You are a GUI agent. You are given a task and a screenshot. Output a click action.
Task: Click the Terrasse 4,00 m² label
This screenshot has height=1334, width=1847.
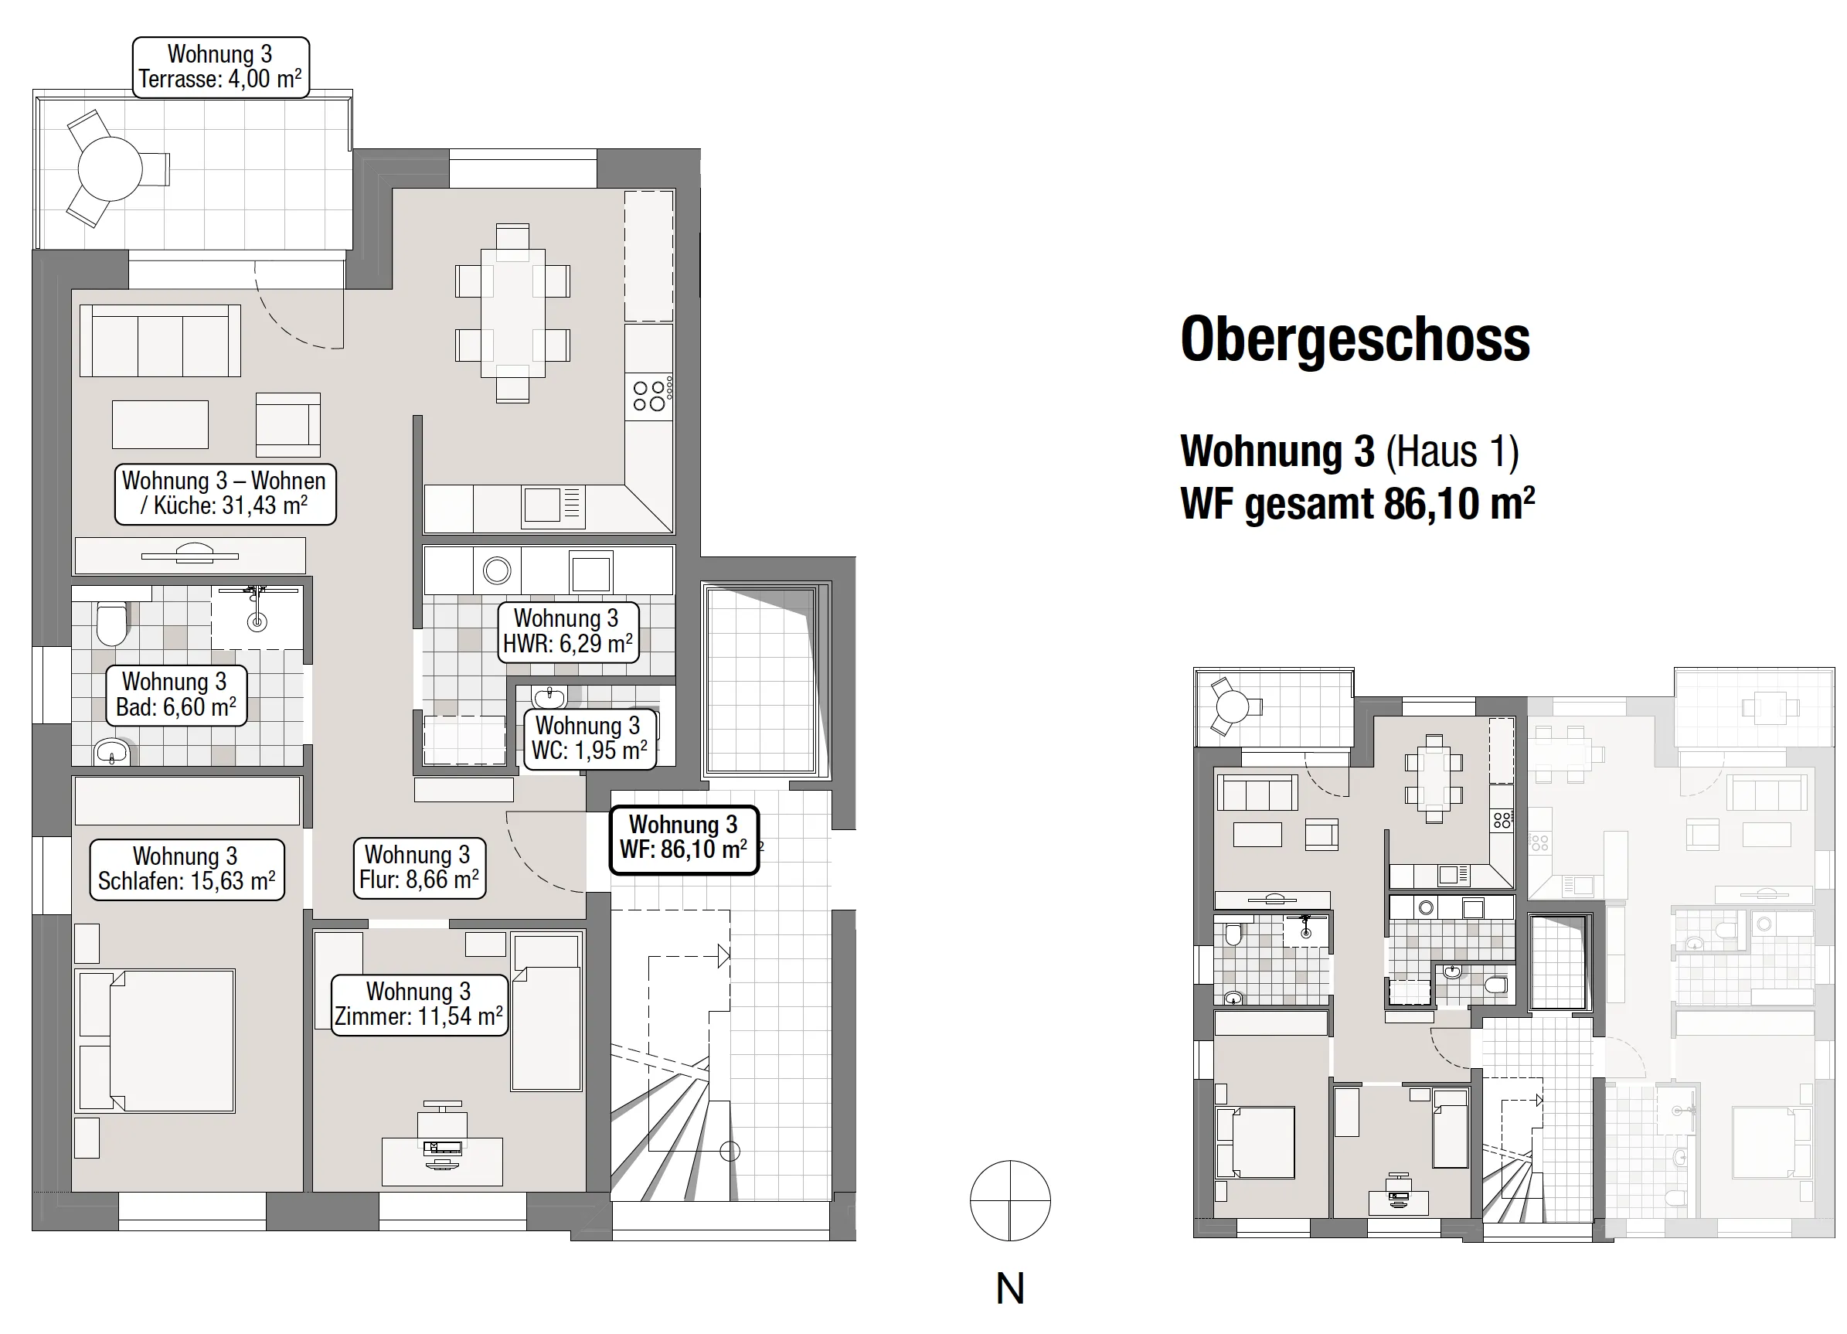point(221,67)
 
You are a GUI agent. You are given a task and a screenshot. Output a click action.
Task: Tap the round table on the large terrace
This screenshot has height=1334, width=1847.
point(110,169)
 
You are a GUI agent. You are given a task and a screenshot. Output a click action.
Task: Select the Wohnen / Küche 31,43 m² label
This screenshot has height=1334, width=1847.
point(225,494)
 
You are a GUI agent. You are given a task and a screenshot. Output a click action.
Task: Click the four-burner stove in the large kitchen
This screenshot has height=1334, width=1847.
point(649,396)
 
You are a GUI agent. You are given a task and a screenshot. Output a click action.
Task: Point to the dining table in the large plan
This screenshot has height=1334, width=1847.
point(513,313)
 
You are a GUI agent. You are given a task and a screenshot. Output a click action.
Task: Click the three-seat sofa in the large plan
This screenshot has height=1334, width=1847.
point(161,340)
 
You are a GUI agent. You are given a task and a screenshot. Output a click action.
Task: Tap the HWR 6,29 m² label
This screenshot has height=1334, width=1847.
point(567,632)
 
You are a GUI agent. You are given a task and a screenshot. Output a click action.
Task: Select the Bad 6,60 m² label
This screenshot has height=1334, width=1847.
point(176,695)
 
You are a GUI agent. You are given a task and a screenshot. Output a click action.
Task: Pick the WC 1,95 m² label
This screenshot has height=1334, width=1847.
point(589,739)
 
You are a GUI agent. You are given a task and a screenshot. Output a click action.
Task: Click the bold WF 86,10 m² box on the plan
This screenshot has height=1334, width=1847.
point(684,839)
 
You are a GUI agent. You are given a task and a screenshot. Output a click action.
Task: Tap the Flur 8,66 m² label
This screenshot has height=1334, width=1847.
point(420,868)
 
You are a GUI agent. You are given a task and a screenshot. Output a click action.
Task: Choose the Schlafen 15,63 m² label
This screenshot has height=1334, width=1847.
point(187,869)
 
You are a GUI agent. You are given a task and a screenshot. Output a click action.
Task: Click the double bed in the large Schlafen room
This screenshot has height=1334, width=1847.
point(155,1041)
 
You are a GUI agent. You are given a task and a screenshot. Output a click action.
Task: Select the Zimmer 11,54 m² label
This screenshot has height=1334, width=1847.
point(420,1005)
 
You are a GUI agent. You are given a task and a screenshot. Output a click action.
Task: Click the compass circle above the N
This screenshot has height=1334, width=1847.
point(1010,1200)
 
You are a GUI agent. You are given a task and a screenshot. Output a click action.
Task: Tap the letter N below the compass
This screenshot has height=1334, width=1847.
point(1010,1288)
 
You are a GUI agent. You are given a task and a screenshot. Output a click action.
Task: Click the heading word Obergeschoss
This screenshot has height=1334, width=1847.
point(1355,339)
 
